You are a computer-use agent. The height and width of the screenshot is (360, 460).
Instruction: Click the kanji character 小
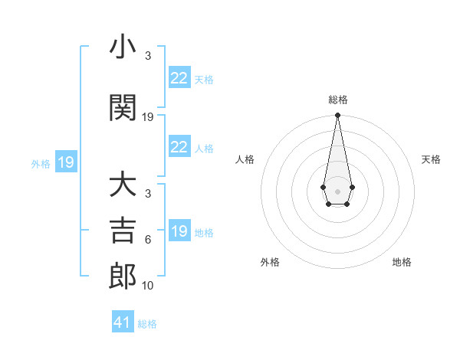click(x=123, y=47)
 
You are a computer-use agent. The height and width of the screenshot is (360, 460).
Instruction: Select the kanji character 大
click(x=123, y=185)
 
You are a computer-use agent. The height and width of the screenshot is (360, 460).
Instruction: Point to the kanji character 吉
click(x=123, y=231)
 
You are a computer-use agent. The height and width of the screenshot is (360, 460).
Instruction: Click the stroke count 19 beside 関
click(x=148, y=117)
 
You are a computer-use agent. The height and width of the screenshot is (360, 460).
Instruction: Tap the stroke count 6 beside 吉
click(x=148, y=240)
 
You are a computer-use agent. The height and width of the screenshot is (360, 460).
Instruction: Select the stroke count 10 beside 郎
click(x=148, y=286)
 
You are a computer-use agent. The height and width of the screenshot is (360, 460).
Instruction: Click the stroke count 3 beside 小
click(x=148, y=56)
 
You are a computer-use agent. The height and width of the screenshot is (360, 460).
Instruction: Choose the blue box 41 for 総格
click(x=123, y=322)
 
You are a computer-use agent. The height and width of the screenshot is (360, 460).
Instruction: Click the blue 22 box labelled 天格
click(x=179, y=78)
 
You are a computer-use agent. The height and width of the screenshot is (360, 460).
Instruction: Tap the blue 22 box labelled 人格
click(x=179, y=147)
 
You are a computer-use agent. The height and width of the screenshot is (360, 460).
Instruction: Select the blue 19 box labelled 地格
click(x=179, y=231)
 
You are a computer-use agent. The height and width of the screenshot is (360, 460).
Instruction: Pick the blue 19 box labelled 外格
click(x=65, y=162)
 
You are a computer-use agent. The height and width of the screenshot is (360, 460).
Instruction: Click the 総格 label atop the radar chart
click(x=337, y=100)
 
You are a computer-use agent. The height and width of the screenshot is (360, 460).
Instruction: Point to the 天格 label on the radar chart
click(x=431, y=159)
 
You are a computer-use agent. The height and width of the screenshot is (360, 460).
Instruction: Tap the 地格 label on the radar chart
click(x=402, y=262)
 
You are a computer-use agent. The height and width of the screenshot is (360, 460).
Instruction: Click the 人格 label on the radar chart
click(x=245, y=159)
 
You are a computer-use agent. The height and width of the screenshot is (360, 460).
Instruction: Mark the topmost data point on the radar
click(x=337, y=116)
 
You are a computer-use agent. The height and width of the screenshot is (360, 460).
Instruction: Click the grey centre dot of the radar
click(x=337, y=190)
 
